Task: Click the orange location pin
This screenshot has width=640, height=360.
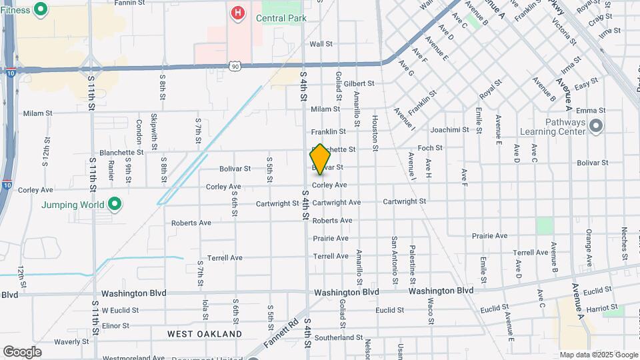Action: click(320, 159)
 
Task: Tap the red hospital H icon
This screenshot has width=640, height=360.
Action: click(237, 12)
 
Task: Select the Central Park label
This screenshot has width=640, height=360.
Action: click(281, 18)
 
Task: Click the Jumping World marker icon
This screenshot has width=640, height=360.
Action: click(115, 203)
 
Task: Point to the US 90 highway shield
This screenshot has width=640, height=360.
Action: click(234, 65)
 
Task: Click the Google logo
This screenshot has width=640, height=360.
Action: click(22, 352)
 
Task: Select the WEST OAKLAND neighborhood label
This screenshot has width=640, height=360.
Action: click(205, 333)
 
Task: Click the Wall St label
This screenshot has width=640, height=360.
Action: click(321, 44)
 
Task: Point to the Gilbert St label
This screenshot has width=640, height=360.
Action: click(360, 84)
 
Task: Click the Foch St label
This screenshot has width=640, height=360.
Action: click(430, 148)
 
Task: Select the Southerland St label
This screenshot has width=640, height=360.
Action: click(337, 337)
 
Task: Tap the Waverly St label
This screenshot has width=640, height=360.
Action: click(67, 341)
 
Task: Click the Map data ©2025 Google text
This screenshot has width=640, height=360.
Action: click(599, 355)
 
